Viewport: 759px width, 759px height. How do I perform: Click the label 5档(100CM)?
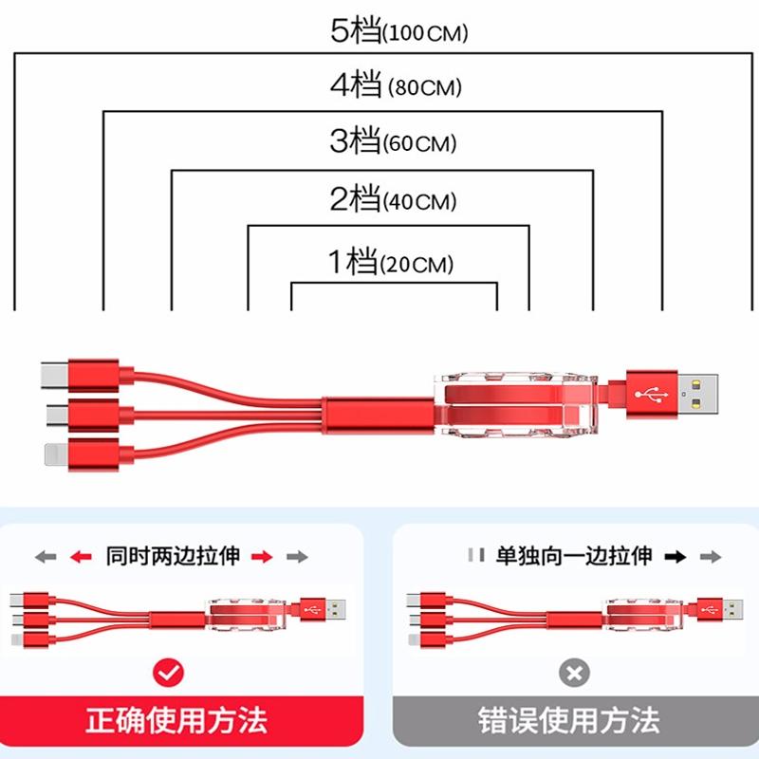point(398,31)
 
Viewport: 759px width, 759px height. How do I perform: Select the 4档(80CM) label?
point(396,87)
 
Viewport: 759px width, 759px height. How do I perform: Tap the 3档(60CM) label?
point(393,143)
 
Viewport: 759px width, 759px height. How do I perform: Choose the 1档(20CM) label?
point(391,262)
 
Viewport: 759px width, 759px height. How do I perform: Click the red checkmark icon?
point(169,674)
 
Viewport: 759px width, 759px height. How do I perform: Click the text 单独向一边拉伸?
point(574,557)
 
